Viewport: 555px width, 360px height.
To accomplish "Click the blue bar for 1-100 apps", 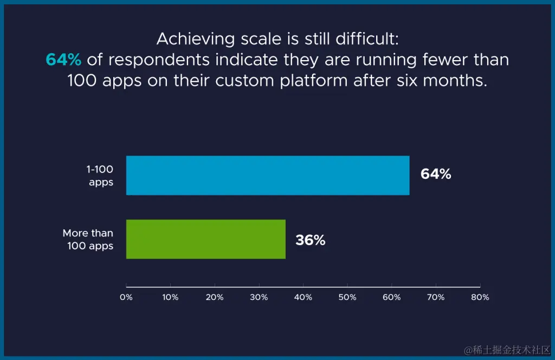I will coord(268,175).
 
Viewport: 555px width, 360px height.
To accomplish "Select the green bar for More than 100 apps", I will coord(206,239).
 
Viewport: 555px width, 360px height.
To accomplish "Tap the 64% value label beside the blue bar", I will coord(436,175).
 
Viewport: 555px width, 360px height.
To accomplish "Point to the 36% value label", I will coord(310,240).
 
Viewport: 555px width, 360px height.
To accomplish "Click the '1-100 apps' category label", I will coord(100,176).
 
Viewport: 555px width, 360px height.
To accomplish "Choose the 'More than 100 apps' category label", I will coord(88,240).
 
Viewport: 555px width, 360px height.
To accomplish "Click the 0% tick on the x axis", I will coord(126,297).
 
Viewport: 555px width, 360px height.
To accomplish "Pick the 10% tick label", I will coord(170,297).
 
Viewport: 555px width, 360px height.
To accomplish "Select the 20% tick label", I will coord(215,297).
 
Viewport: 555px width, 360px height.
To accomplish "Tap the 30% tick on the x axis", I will coord(259,297).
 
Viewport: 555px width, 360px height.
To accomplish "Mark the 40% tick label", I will coord(303,297).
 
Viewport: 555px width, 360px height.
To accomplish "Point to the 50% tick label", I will coord(347,297).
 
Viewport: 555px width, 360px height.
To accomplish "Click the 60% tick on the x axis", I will coord(391,297).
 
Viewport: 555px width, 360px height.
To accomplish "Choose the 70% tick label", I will coord(436,297).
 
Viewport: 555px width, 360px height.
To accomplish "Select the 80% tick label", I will coord(480,297).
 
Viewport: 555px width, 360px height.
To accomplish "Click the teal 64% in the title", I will coord(63,60).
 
